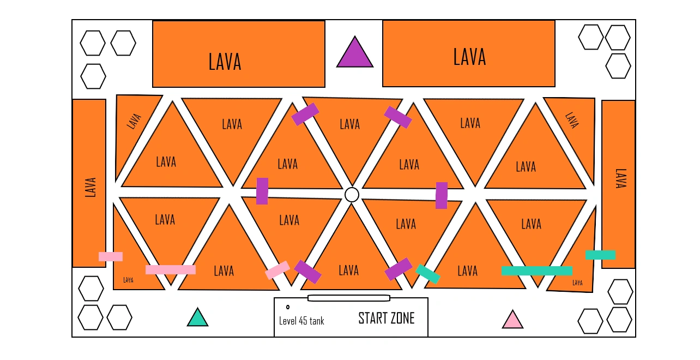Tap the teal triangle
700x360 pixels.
coord(198,318)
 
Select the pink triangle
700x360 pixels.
coord(512,320)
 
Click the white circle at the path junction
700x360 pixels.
coord(352,195)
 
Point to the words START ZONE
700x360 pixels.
coord(386,319)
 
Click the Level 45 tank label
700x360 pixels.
coord(301,321)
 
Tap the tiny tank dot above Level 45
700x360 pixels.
coord(288,307)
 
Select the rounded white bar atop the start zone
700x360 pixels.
coord(349,298)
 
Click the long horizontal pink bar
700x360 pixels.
coord(171,269)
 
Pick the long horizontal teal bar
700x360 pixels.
coord(537,271)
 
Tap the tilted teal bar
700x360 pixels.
coord(428,273)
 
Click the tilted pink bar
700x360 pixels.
coord(277,270)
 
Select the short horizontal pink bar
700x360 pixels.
coord(111,256)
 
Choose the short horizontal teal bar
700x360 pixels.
coord(600,255)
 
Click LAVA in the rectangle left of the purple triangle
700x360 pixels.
coord(225,62)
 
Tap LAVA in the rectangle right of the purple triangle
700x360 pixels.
coord(469,57)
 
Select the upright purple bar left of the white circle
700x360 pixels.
coord(262,191)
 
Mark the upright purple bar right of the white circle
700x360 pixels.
coord(442,195)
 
